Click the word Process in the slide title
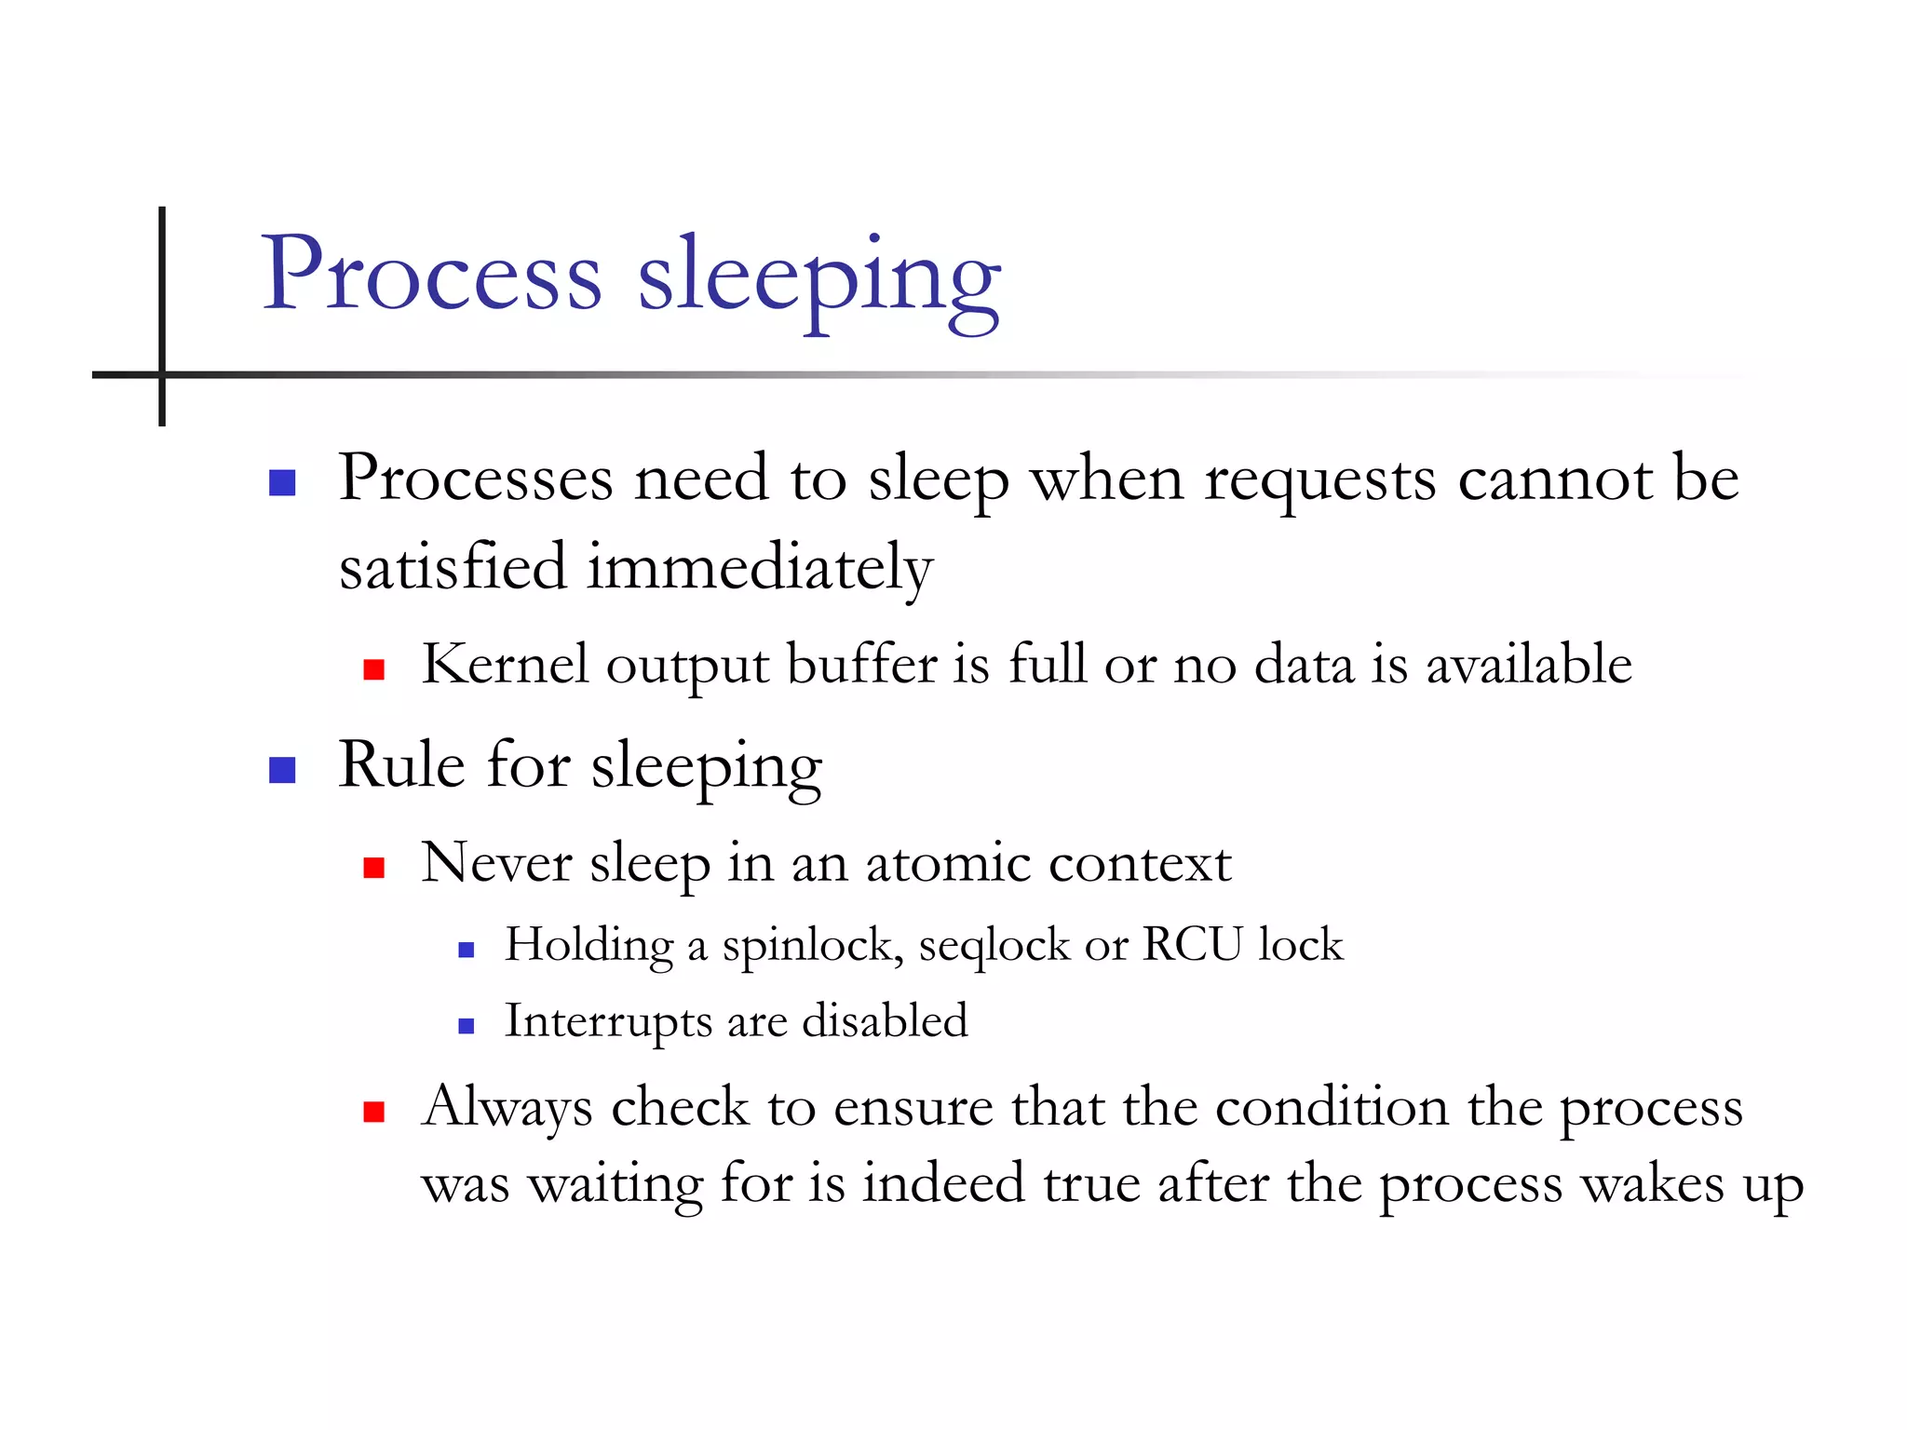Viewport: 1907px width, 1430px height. (431, 275)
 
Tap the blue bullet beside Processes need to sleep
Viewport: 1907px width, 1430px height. (282, 482)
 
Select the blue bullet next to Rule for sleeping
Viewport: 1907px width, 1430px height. (282, 770)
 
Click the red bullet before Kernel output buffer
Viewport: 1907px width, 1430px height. (374, 669)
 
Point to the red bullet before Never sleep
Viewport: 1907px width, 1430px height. (374, 868)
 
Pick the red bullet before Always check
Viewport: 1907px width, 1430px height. (374, 1112)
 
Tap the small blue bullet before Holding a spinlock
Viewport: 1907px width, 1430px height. (467, 950)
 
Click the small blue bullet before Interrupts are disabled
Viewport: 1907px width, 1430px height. (467, 1026)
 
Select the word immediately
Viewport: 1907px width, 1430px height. (759, 568)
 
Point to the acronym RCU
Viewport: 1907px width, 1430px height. (1192, 944)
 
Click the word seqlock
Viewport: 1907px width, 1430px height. (994, 947)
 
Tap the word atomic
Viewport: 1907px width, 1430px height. (948, 863)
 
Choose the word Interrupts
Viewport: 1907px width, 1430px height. (608, 1021)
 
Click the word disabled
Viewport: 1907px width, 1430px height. (885, 1020)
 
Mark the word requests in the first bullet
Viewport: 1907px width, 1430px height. (1320, 480)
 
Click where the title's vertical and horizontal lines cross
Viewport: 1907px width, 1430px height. (162, 374)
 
